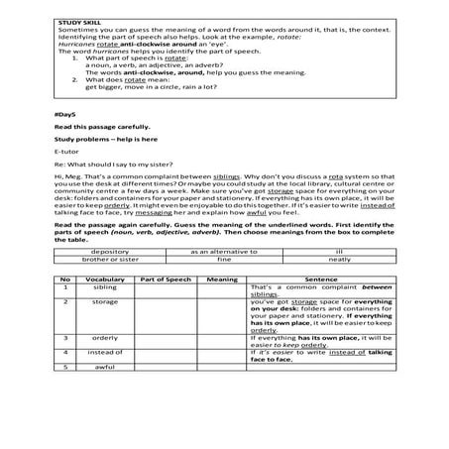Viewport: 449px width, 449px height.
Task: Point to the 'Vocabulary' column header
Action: click(102, 281)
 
